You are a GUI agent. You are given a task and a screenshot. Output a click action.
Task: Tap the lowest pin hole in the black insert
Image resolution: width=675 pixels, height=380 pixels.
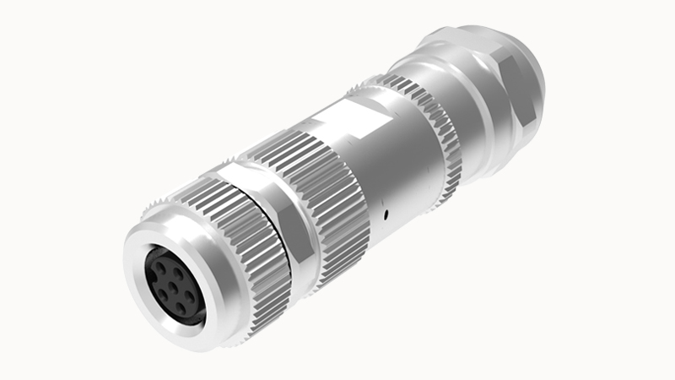(x=181, y=308)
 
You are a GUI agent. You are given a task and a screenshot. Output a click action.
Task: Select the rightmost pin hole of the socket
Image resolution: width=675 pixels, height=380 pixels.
(x=188, y=296)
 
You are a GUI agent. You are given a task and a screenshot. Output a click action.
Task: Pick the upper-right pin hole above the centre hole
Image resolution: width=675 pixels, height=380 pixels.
(x=177, y=272)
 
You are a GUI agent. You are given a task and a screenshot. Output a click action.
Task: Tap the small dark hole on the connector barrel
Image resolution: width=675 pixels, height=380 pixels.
(x=385, y=216)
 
